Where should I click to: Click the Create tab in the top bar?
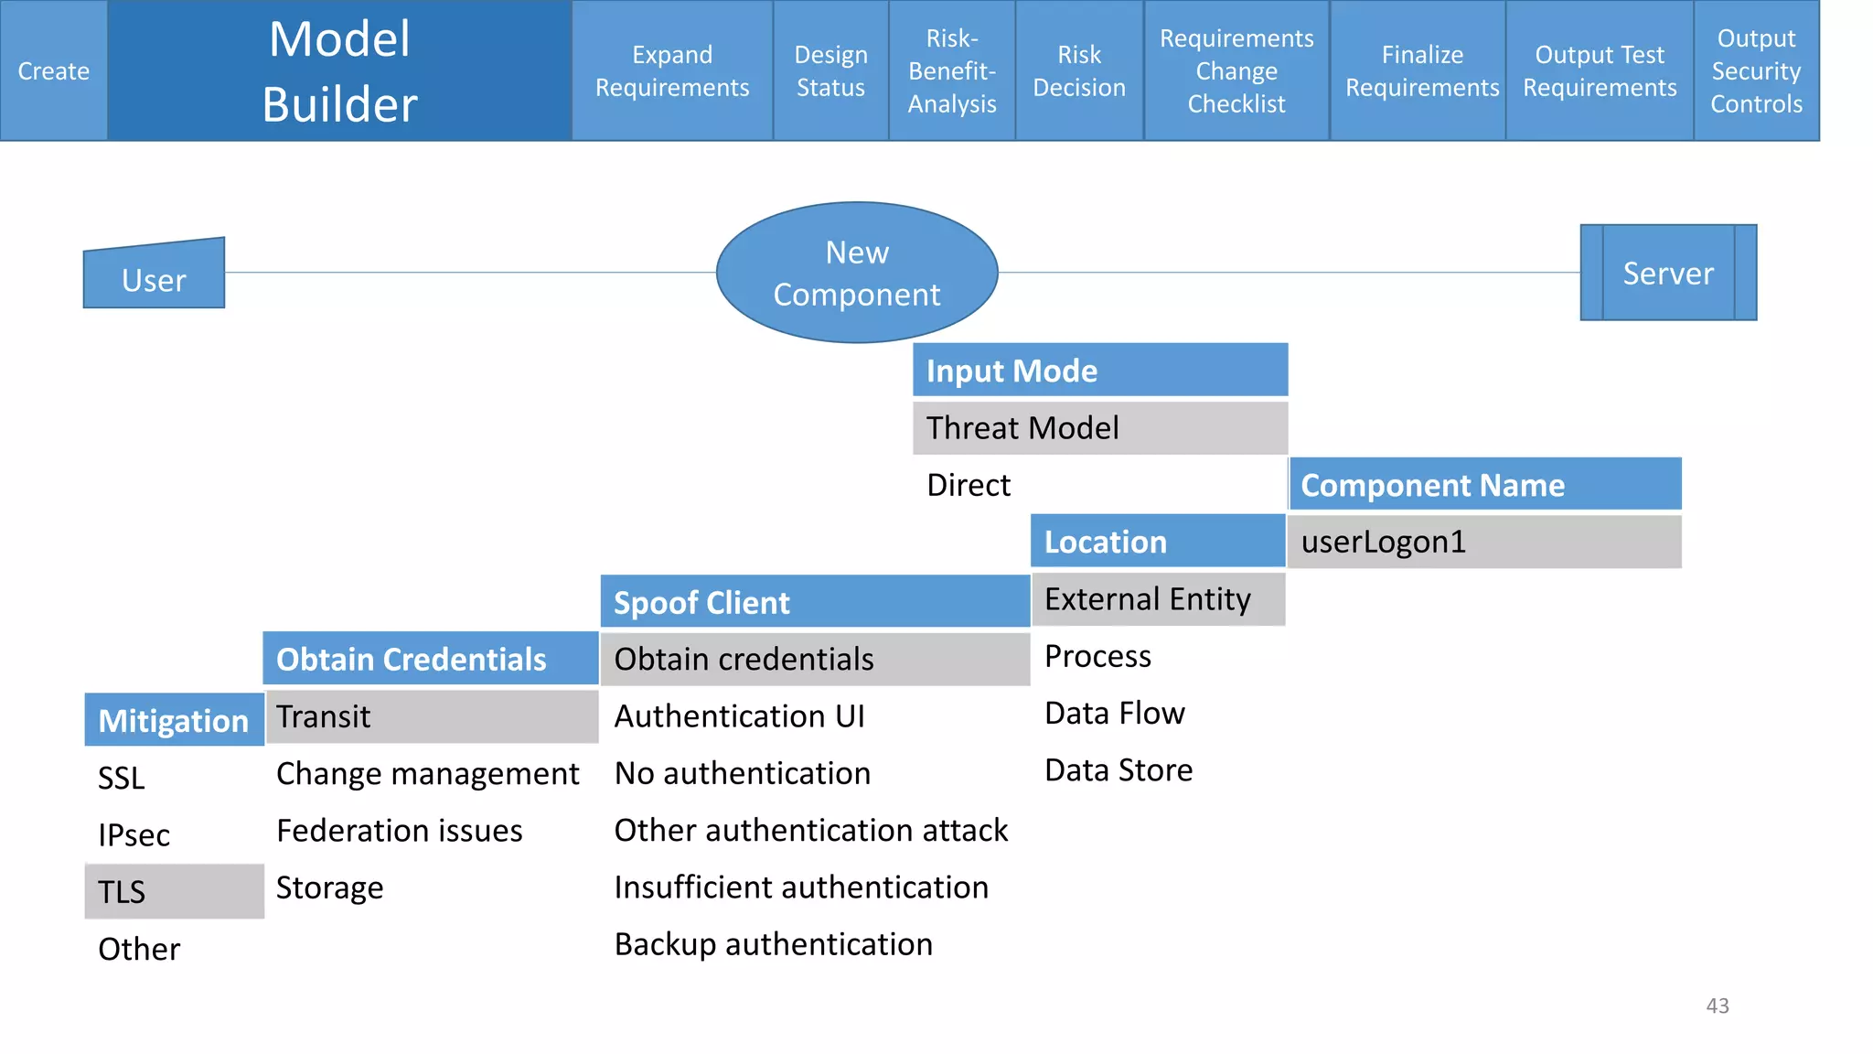click(53, 70)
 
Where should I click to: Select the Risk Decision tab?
click(1078, 70)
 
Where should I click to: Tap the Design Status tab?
click(829, 70)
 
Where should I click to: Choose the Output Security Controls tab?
click(1755, 70)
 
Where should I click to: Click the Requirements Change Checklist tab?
click(1236, 70)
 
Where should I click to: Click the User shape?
click(154, 278)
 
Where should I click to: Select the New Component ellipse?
click(856, 273)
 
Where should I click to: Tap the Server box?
click(1667, 273)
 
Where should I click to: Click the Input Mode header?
click(1099, 371)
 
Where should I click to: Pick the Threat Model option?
click(1099, 427)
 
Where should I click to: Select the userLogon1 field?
click(1483, 542)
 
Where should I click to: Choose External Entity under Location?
click(1157, 599)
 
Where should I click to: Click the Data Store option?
click(1118, 770)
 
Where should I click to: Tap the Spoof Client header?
click(814, 602)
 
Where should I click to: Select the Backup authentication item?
click(773, 944)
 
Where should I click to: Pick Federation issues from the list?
click(399, 831)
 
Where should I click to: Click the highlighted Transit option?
click(430, 716)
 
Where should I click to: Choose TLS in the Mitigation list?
click(174, 891)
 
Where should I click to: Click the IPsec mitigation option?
click(134, 834)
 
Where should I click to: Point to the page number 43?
click(1717, 1006)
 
